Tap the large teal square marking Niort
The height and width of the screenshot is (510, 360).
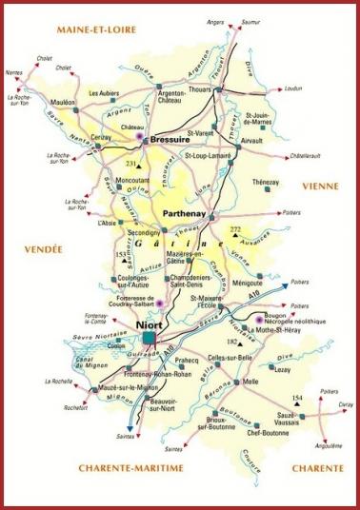click(150, 338)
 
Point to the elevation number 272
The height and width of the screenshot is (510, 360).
click(236, 231)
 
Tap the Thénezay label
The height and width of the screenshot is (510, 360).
click(267, 182)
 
